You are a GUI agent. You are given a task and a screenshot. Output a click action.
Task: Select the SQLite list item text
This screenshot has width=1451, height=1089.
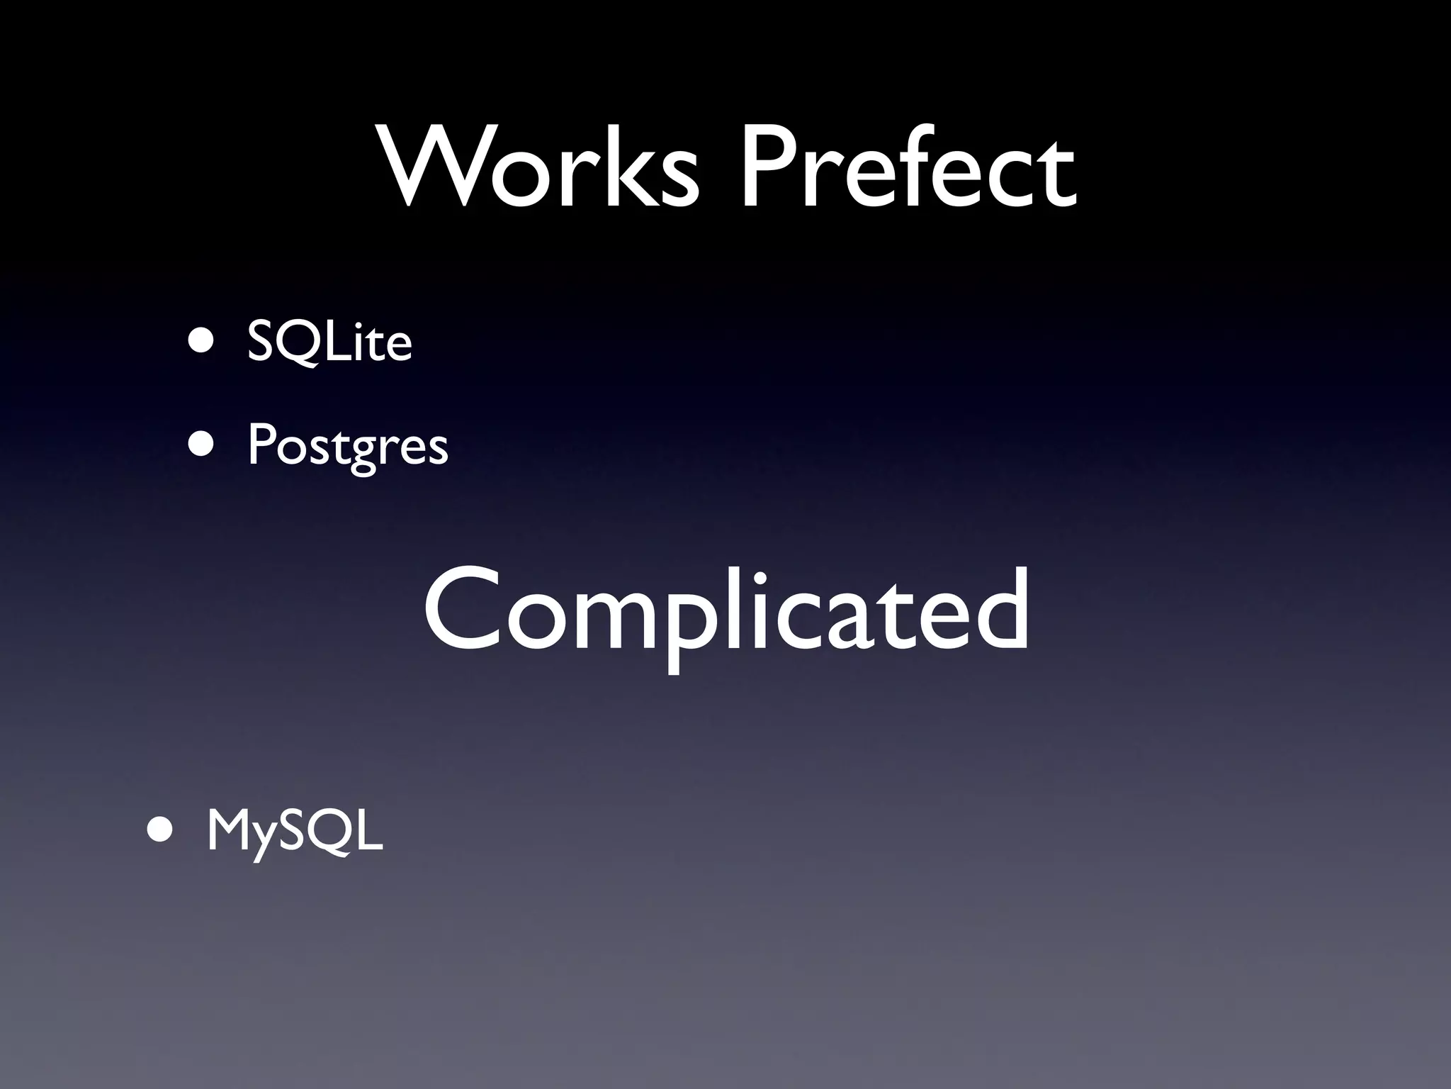pyautogui.click(x=329, y=342)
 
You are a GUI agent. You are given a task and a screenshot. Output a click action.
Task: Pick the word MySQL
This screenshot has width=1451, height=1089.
pyautogui.click(x=294, y=831)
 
